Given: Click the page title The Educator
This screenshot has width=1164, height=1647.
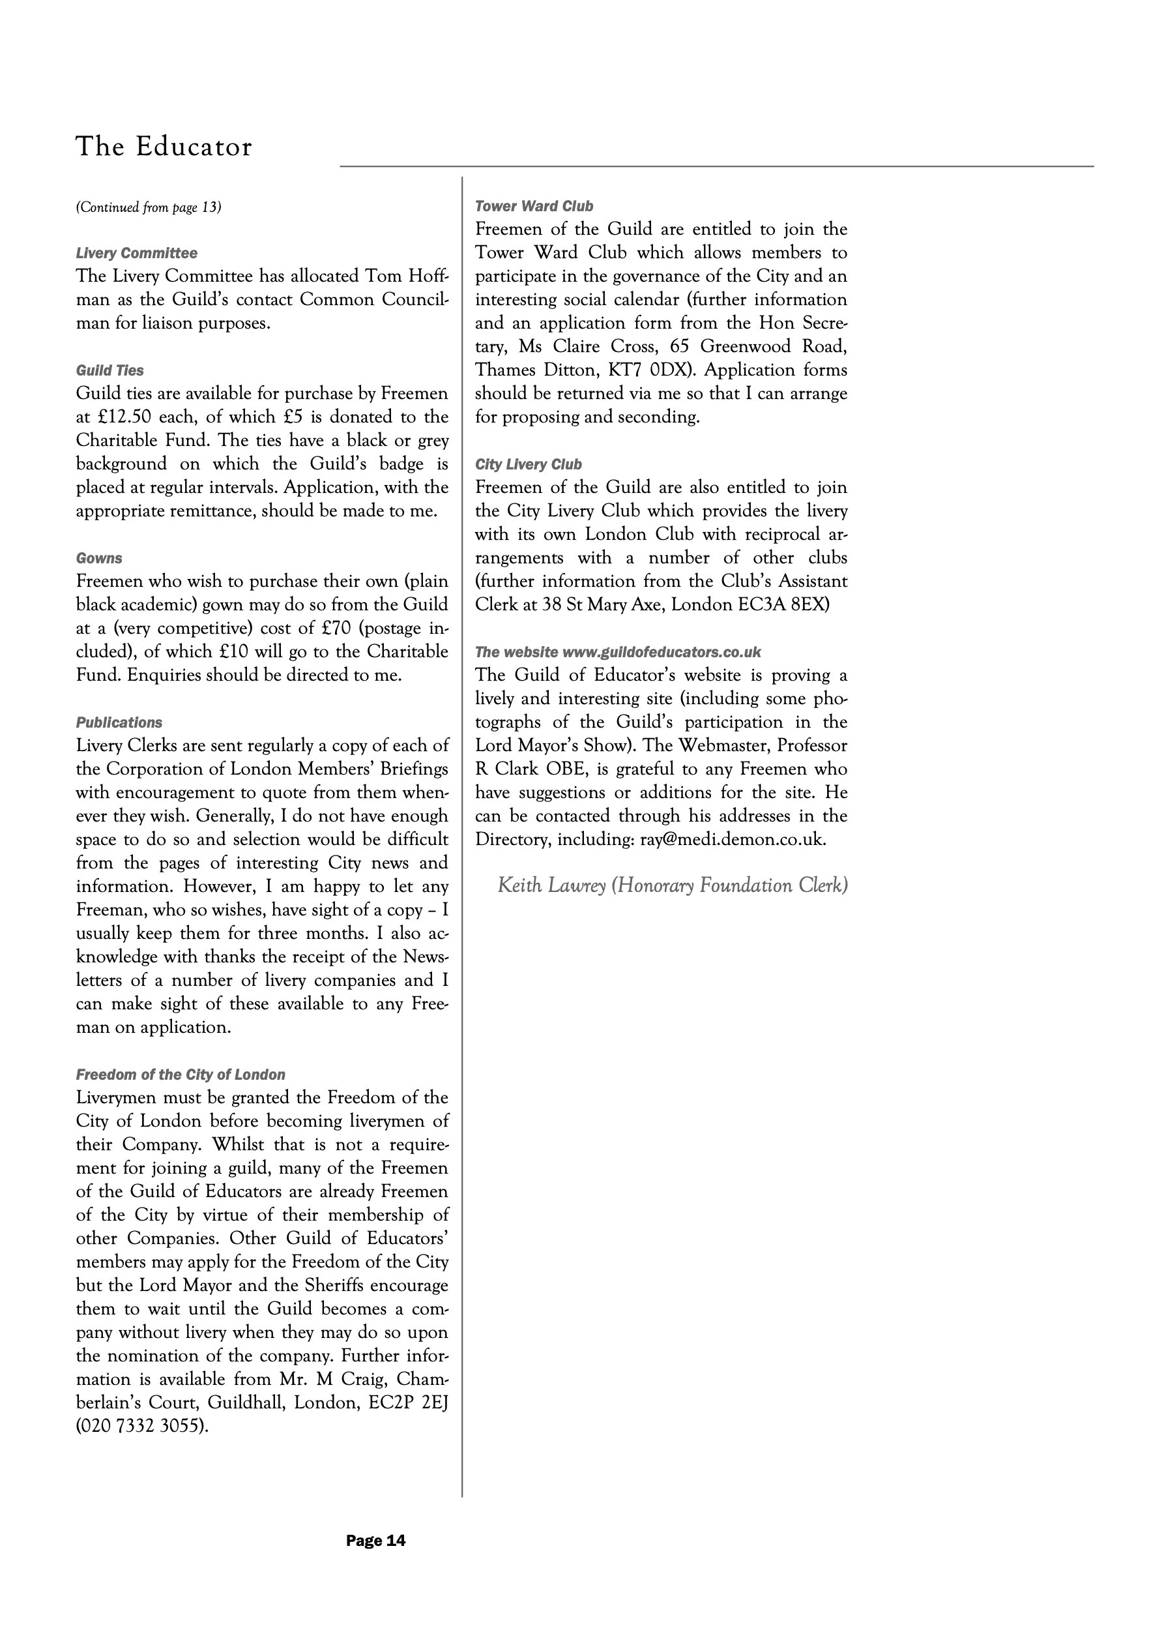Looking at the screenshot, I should coord(164,147).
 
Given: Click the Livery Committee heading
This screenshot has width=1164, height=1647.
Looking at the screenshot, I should coord(136,253).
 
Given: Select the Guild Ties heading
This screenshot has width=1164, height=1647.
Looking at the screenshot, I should coord(109,370).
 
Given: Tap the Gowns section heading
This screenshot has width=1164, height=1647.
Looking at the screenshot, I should coord(99,558).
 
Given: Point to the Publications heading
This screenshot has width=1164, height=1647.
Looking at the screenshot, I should coord(119,722).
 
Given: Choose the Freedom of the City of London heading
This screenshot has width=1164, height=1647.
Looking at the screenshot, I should coord(181,1075).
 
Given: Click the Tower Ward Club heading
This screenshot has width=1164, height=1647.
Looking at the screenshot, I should coord(534,207).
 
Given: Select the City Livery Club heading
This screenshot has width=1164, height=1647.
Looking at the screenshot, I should coord(529,464).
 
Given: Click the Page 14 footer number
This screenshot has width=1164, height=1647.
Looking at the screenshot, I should coord(376,1540).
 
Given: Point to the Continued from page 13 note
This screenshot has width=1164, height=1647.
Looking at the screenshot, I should coord(149,207).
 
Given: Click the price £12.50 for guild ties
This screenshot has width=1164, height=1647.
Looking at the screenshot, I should coord(124,417).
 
